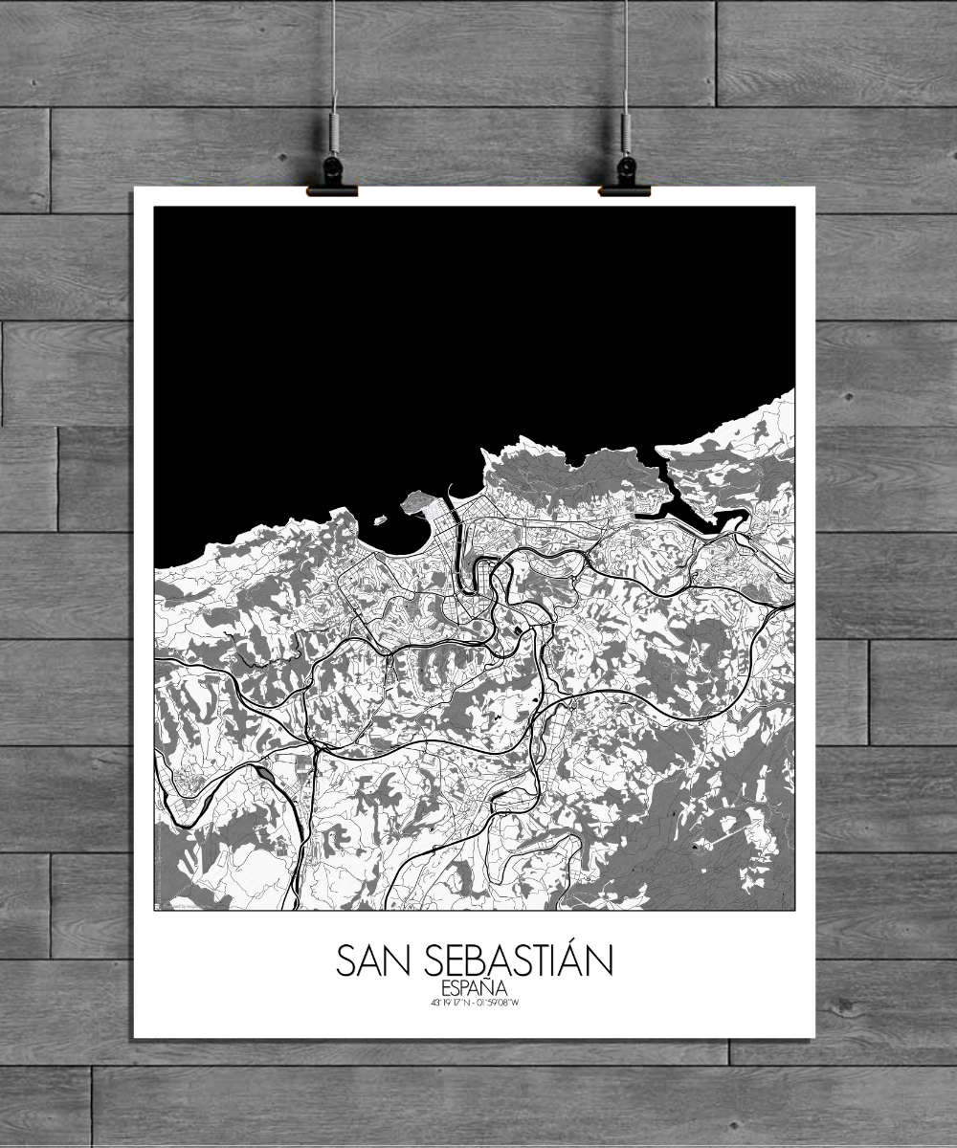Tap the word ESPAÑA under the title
[x=475, y=988]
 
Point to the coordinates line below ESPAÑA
[x=475, y=1003]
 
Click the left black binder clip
[x=332, y=178]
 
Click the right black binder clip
[x=625, y=178]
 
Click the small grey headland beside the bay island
[x=418, y=500]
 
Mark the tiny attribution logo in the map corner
[x=158, y=905]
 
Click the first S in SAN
[x=345, y=961]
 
